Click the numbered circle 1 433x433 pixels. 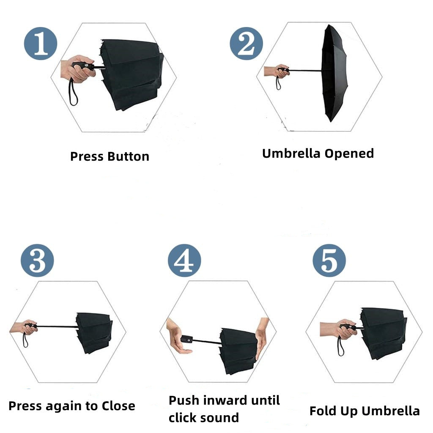point(41,44)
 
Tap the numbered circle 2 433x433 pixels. point(247,44)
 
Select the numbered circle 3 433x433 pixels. point(37,260)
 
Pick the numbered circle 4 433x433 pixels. point(184,260)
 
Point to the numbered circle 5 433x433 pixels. point(329,260)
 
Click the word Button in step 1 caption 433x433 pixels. point(129,156)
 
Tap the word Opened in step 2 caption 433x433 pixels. point(349,153)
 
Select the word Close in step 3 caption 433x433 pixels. point(118,406)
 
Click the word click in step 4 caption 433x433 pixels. point(181,417)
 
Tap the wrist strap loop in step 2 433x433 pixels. point(278,82)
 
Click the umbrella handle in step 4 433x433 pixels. point(187,339)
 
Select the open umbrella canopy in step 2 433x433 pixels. point(334,73)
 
